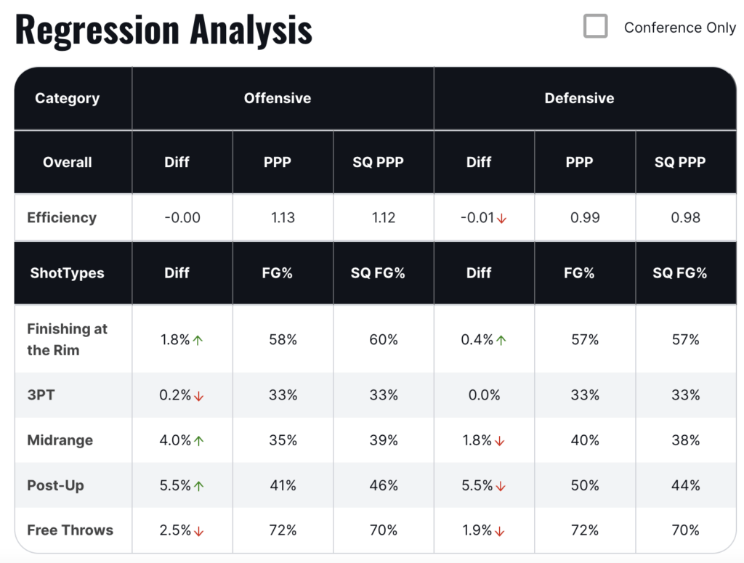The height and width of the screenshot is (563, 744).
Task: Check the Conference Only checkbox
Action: click(x=596, y=27)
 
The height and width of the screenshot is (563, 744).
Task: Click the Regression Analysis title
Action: click(x=163, y=30)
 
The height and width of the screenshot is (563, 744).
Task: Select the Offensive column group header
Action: click(x=277, y=98)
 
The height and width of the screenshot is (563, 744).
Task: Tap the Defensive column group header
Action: click(x=579, y=98)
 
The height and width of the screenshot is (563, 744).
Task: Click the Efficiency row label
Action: click(x=62, y=217)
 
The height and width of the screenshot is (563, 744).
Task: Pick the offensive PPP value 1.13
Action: click(x=283, y=217)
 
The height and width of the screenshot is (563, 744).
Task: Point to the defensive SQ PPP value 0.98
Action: click(x=685, y=217)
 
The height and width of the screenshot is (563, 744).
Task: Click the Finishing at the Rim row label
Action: click(x=67, y=339)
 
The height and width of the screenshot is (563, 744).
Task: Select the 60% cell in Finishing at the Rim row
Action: click(x=383, y=339)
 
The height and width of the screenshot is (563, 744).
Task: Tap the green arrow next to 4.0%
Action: click(x=198, y=441)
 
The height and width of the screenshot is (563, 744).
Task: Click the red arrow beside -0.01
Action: click(x=501, y=218)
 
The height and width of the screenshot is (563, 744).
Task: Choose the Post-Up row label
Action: click(x=55, y=485)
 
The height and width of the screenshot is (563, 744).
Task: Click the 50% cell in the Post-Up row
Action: click(x=585, y=485)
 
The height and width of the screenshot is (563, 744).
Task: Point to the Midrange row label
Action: click(x=60, y=440)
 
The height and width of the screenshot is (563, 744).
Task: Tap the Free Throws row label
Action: click(x=70, y=530)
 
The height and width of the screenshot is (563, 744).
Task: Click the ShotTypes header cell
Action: click(x=67, y=273)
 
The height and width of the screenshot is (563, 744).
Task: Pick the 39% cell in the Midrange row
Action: click(x=383, y=440)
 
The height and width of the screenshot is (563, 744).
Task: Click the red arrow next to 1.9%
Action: click(x=501, y=531)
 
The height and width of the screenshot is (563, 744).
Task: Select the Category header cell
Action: click(x=67, y=98)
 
